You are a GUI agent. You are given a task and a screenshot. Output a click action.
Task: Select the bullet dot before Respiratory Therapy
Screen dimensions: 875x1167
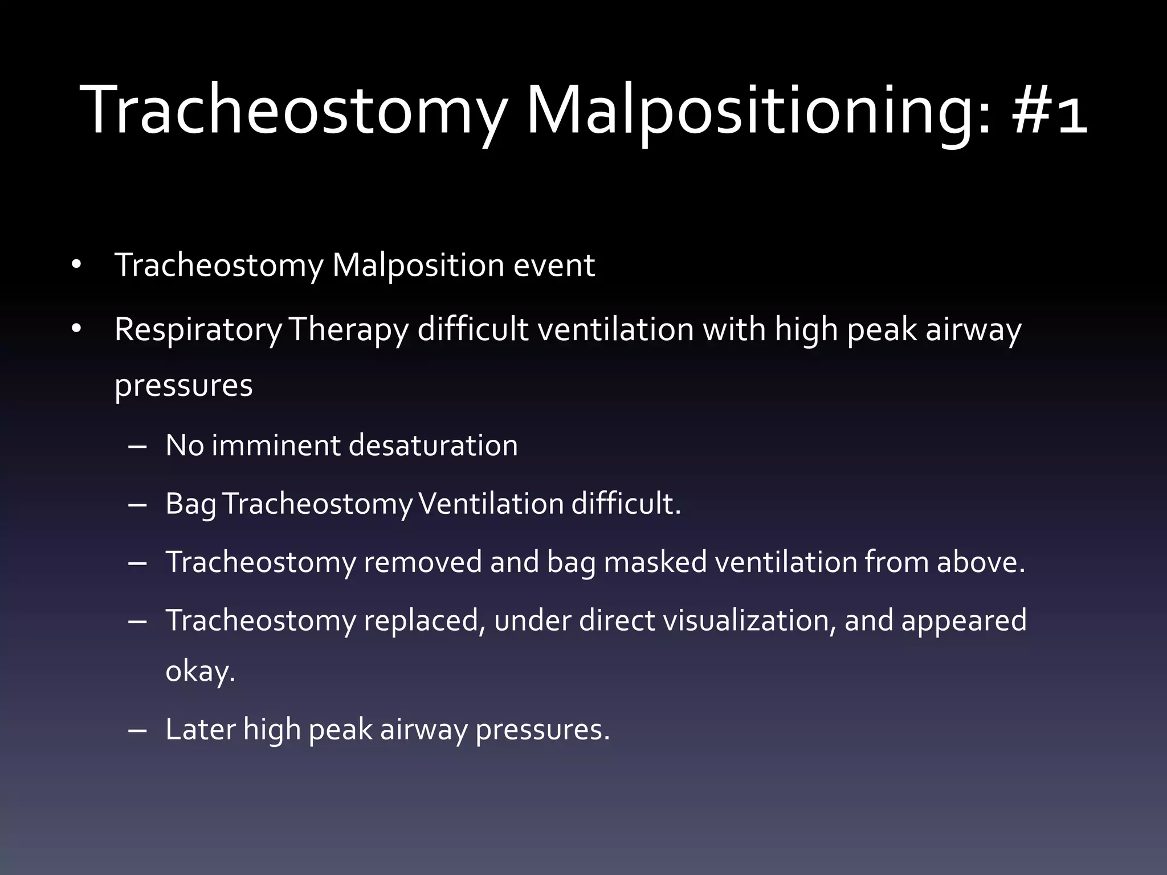point(77,329)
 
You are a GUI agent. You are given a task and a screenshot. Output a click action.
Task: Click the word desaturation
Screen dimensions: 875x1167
point(433,445)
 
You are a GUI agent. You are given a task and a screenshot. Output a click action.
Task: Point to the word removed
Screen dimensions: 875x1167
point(422,562)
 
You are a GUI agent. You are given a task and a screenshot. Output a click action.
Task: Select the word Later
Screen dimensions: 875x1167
point(200,730)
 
